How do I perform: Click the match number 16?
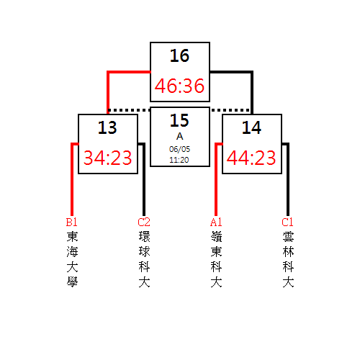click(179, 55)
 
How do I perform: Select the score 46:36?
click(179, 86)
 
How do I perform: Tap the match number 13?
click(107, 127)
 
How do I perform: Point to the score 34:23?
click(108, 158)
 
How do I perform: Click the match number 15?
click(179, 120)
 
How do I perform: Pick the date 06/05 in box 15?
click(179, 149)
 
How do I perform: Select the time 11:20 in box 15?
click(179, 160)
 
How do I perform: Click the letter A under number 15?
click(180, 136)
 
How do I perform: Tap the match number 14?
click(251, 127)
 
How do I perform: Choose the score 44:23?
click(251, 158)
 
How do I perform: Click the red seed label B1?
click(72, 222)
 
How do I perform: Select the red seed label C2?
click(144, 222)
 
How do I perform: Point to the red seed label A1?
click(216, 222)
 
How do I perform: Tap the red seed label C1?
click(287, 222)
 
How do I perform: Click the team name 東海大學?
click(72, 259)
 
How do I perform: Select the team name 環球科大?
click(144, 259)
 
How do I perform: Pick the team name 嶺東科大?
click(216, 259)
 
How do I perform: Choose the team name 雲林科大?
click(288, 259)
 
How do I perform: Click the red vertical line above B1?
click(72, 179)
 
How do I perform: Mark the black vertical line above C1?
click(288, 179)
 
